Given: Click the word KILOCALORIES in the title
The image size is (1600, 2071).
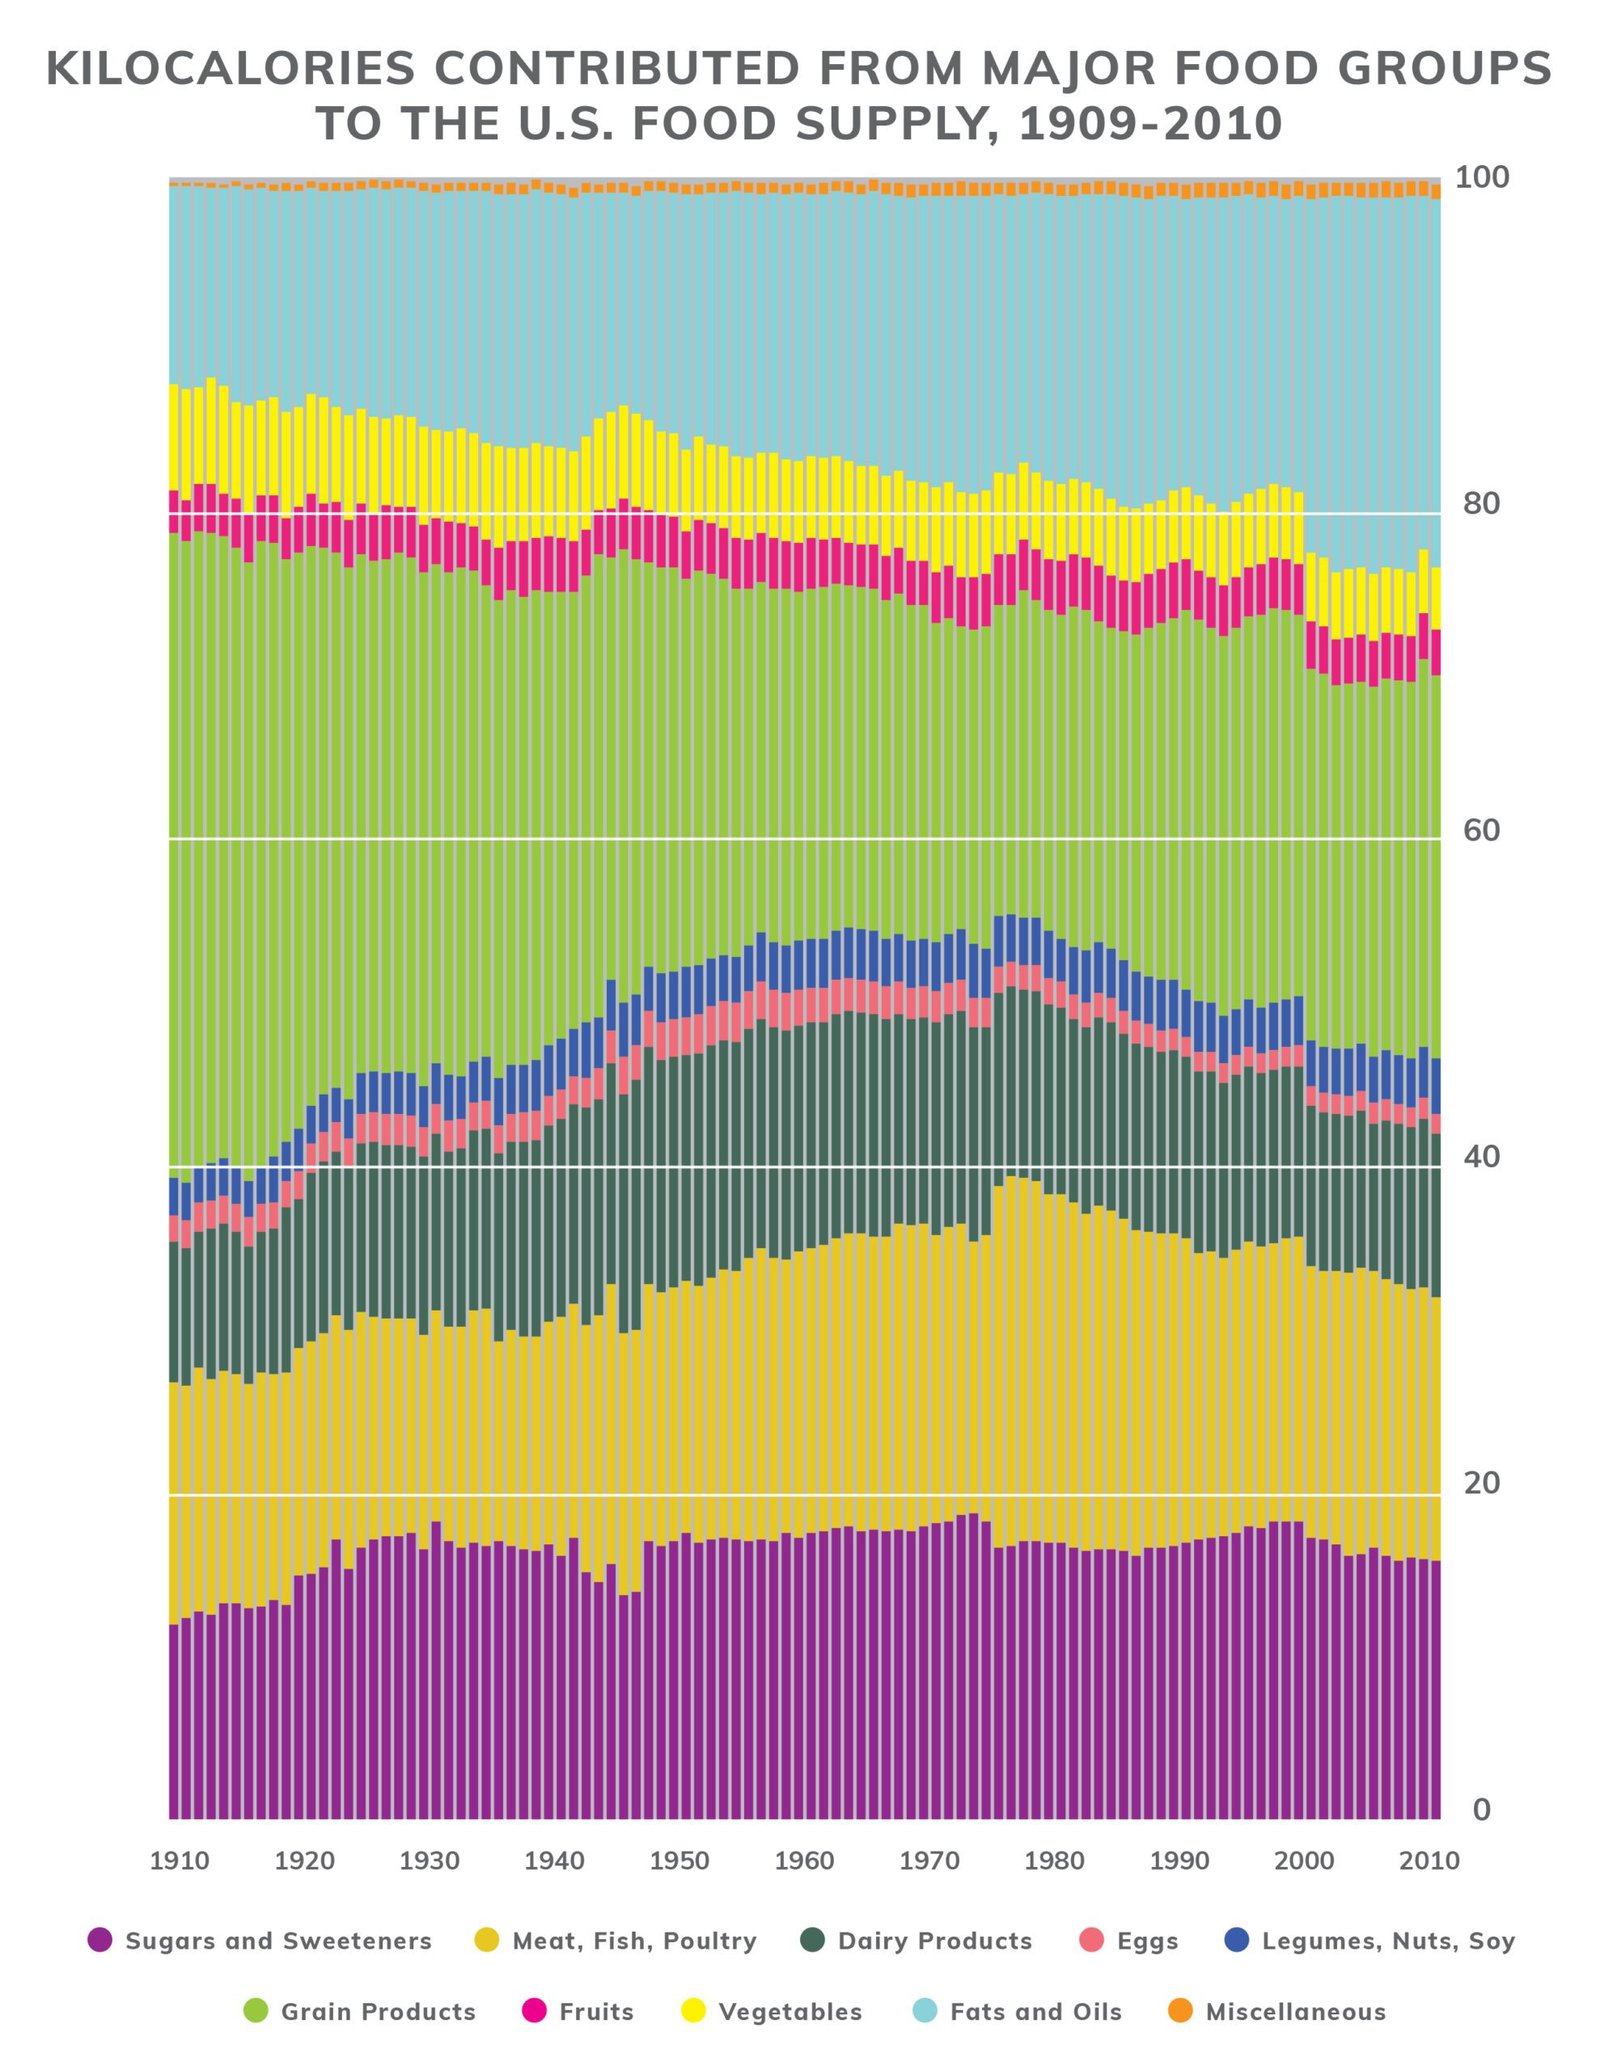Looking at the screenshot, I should click(x=230, y=69).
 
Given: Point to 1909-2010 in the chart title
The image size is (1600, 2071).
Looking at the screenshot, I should click(x=1150, y=125).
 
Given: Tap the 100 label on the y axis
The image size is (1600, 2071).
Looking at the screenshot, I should click(x=1481, y=178).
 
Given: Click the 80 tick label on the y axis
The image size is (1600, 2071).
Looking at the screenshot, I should click(x=1481, y=504).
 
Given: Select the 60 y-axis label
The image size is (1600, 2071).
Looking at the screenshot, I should click(x=1481, y=830).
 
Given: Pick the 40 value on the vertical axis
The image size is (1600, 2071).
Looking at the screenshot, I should click(x=1481, y=1157).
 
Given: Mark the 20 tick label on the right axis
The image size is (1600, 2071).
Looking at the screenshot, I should click(x=1481, y=1483).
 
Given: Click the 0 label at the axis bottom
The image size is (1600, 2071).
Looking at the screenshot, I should click(x=1481, y=1809).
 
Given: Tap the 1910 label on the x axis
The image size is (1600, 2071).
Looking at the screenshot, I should click(x=180, y=1861).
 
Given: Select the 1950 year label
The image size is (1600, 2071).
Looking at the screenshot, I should click(x=680, y=1861).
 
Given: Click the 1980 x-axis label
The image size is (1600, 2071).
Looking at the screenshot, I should click(x=1055, y=1861).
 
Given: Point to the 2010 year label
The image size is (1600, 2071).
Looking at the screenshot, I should click(x=1430, y=1861).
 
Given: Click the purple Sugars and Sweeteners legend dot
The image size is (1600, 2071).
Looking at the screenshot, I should click(x=100, y=1940).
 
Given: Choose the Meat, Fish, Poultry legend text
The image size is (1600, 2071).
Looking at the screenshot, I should click(x=634, y=1941).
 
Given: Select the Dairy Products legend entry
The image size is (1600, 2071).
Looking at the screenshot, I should click(x=934, y=1941).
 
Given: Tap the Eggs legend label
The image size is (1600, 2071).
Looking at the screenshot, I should click(x=1147, y=1941).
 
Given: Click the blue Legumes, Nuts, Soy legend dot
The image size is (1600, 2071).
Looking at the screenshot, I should click(x=1237, y=1940).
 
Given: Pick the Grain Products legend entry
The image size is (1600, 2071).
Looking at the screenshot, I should click(x=377, y=2012).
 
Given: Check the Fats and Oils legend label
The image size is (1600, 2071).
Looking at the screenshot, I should click(x=1035, y=2012).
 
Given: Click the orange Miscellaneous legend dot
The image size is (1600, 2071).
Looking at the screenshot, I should click(x=1181, y=2011).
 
